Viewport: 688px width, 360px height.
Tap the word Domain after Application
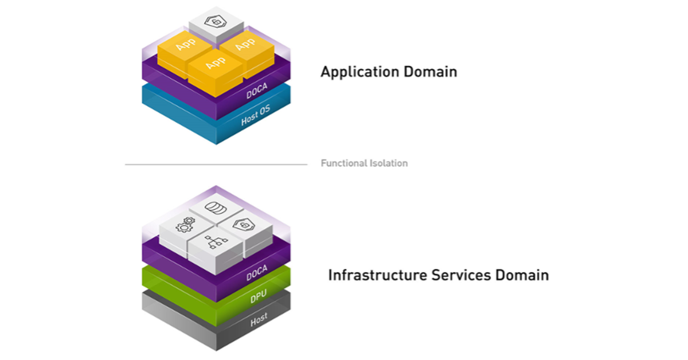(x=431, y=72)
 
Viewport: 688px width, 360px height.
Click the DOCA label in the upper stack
(x=257, y=92)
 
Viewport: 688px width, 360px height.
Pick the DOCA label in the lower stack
(x=256, y=275)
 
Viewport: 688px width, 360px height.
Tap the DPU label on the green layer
(x=258, y=298)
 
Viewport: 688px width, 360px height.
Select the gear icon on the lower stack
(x=185, y=226)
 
